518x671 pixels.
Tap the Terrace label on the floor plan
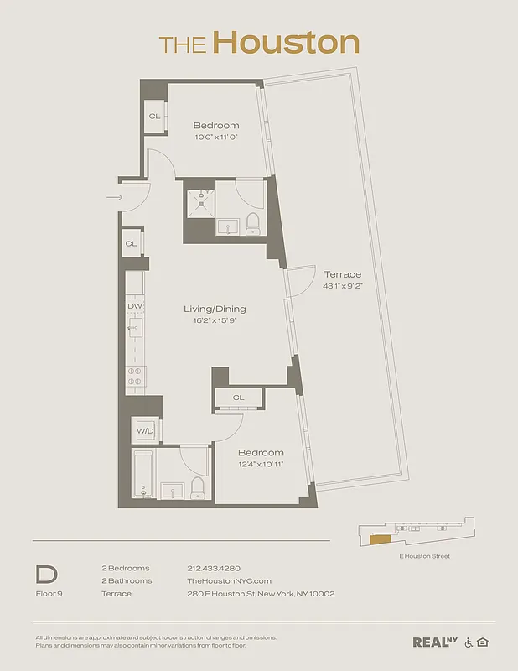(x=342, y=274)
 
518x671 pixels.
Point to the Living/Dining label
(x=215, y=309)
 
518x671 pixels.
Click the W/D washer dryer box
(x=146, y=431)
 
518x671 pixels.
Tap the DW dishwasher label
(x=135, y=307)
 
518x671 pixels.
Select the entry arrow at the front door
(x=115, y=198)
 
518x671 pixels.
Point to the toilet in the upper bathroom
(x=252, y=224)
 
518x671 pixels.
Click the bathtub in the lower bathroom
(x=142, y=476)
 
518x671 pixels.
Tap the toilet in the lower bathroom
(x=198, y=487)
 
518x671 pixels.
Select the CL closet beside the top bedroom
(x=154, y=117)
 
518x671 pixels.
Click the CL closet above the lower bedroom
(x=238, y=398)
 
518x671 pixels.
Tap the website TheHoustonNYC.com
(x=229, y=580)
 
